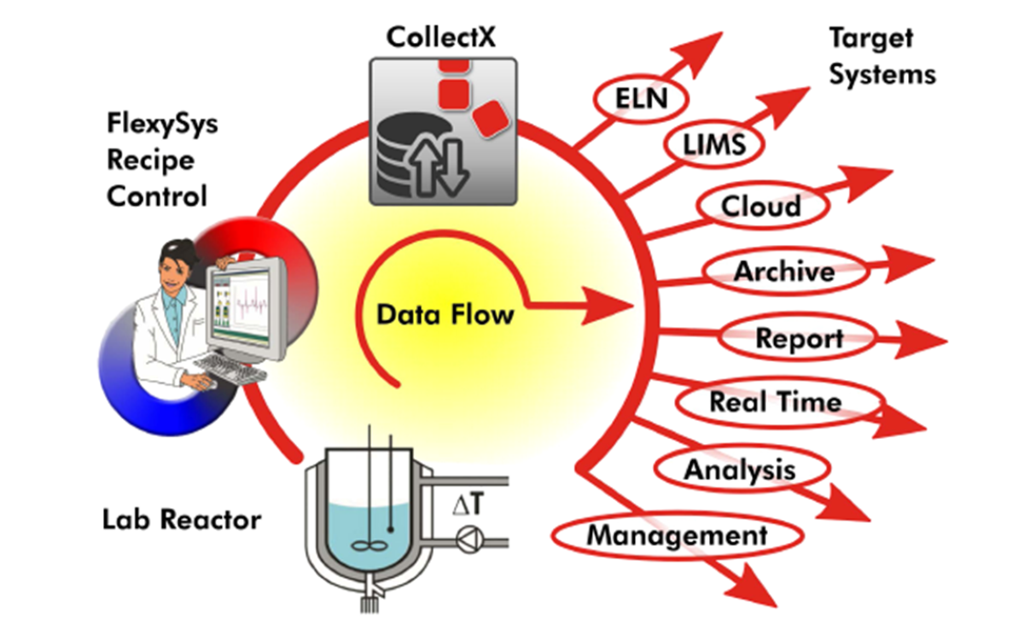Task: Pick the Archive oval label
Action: coord(783,272)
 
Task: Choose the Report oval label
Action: coord(799,338)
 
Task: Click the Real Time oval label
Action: coord(775,401)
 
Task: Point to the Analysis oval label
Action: coord(740,469)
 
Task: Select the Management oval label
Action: coord(677,536)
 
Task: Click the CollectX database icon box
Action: coord(443,131)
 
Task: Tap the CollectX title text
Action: coord(442,37)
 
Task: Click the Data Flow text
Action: coord(445,315)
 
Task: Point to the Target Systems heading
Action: coord(882,56)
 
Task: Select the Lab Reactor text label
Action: coord(182,518)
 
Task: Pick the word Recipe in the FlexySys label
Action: coord(150,160)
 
